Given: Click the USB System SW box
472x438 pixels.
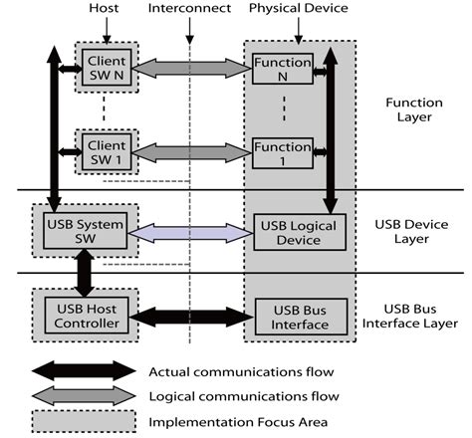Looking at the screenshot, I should pyautogui.click(x=84, y=231).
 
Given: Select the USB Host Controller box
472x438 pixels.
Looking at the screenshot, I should pyautogui.click(x=84, y=317).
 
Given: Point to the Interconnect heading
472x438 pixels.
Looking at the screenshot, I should pyautogui.click(x=188, y=9).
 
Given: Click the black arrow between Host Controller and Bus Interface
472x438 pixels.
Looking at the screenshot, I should pyautogui.click(x=191, y=318).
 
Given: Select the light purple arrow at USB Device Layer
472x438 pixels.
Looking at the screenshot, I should pyautogui.click(x=191, y=232).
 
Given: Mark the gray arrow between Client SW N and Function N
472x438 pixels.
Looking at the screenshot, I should pyautogui.click(x=191, y=68).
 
